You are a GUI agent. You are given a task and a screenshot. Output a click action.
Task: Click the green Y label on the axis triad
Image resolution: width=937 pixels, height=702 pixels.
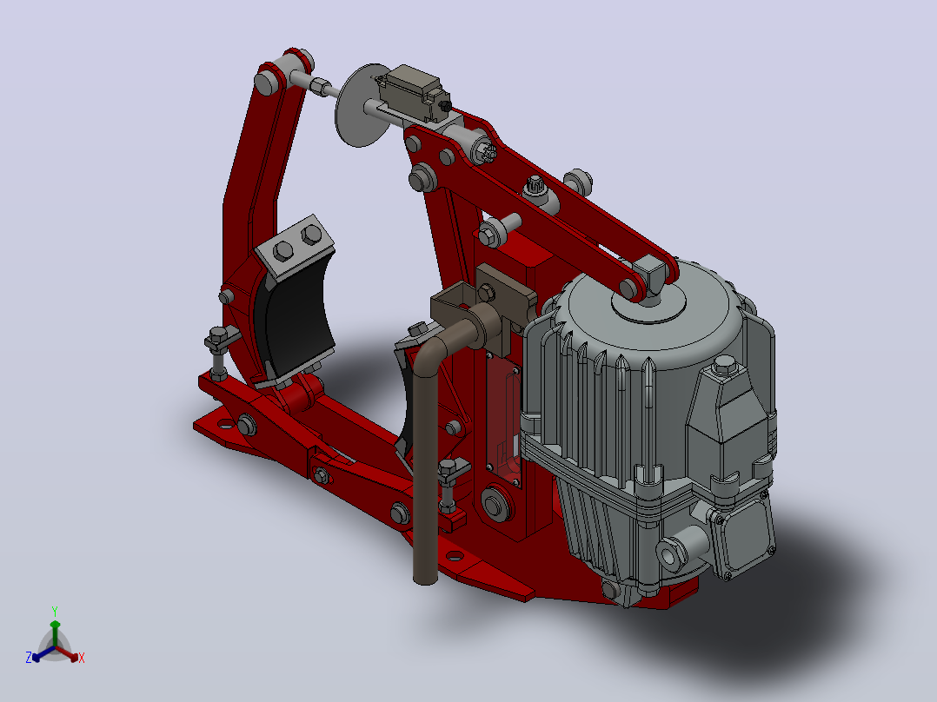[x=55, y=611]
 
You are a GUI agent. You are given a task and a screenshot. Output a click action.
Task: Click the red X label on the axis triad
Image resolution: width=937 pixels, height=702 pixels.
[x=82, y=658]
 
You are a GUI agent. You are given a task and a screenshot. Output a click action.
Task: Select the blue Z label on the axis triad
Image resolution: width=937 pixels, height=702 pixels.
[x=28, y=657]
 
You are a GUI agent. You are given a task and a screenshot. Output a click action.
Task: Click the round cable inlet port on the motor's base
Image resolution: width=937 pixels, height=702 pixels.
[x=670, y=553]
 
